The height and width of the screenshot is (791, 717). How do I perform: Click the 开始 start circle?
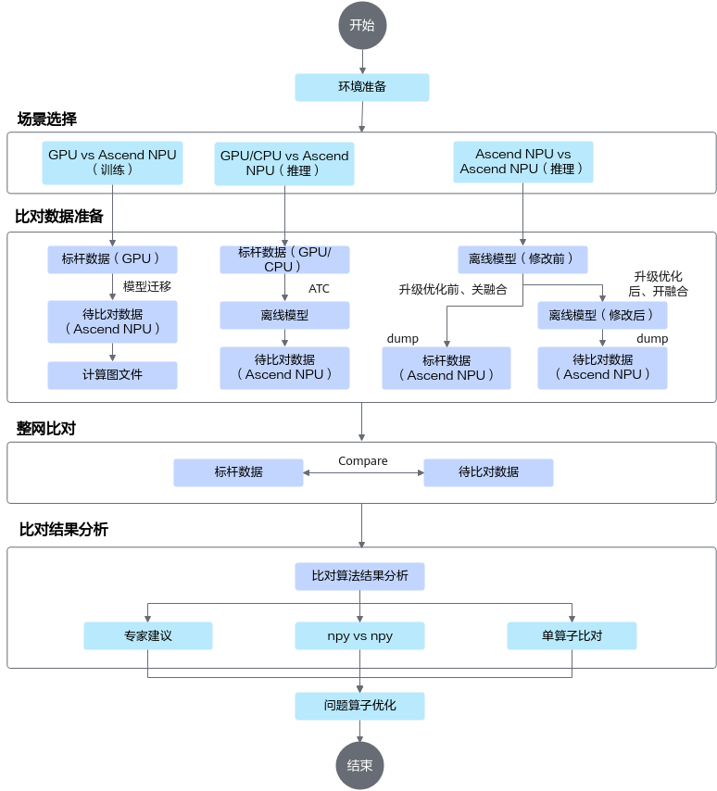[362, 25]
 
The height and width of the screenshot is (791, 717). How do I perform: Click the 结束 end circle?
[359, 765]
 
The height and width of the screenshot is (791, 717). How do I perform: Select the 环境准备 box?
[362, 87]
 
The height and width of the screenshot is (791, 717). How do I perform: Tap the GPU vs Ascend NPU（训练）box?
[112, 162]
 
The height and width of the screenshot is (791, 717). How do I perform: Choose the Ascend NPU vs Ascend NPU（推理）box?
[522, 162]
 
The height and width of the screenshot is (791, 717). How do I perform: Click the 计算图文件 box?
[112, 375]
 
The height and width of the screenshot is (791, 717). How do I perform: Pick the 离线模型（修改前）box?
[522, 259]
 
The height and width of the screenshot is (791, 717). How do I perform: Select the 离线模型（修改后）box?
[602, 315]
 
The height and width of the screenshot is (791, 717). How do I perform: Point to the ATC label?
[319, 289]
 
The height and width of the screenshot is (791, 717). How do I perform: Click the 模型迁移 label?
[147, 286]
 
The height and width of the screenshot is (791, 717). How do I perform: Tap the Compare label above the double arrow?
[363, 460]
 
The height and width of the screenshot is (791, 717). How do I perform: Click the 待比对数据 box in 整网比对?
[488, 472]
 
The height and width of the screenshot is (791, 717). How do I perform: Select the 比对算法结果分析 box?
[359, 576]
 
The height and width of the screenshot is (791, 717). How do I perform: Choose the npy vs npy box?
[359, 635]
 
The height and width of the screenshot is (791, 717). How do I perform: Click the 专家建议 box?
[148, 635]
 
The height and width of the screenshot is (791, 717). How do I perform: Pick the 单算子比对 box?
[572, 635]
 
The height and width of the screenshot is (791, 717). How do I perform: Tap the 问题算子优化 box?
[359, 706]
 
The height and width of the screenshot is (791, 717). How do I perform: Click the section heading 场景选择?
[47, 119]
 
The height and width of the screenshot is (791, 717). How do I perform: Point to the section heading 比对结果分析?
[64, 529]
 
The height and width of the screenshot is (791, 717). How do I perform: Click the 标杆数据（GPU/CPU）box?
[284, 259]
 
